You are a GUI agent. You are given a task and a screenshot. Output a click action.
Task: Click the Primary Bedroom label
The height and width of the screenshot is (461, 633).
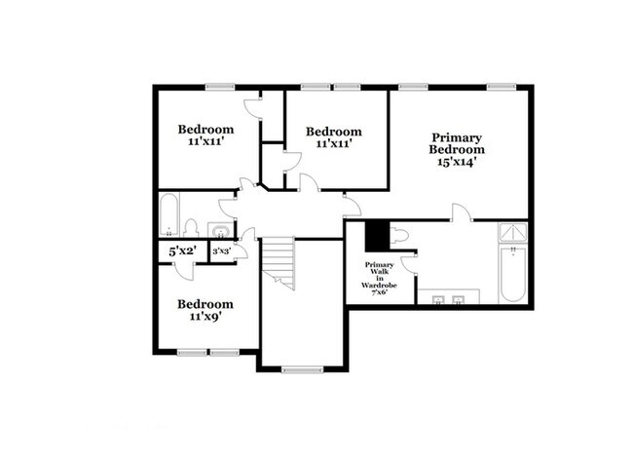tap(457, 143)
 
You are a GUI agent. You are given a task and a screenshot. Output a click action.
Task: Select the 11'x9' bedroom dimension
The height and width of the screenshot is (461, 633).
tap(205, 317)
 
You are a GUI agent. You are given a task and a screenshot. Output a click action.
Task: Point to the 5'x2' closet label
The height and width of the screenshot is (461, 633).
tap(182, 251)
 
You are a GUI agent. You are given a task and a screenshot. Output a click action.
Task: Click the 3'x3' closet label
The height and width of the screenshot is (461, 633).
tap(222, 251)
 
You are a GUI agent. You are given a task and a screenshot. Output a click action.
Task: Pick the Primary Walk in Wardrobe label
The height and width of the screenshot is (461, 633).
tap(379, 275)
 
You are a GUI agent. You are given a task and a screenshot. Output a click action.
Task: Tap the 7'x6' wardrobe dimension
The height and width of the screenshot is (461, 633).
tap(379, 292)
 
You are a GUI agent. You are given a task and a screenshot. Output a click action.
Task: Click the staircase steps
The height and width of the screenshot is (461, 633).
tap(278, 262)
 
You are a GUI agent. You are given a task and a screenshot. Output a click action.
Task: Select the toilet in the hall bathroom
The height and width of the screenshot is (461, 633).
tap(191, 228)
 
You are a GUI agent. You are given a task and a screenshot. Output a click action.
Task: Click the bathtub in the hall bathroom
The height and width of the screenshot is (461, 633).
tap(168, 215)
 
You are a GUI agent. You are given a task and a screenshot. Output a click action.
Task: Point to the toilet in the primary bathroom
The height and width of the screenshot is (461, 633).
tap(399, 235)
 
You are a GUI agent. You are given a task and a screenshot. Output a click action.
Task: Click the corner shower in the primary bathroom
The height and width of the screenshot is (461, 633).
tap(512, 232)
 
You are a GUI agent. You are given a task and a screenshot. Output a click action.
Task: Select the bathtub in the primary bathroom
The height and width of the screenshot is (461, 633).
tap(512, 274)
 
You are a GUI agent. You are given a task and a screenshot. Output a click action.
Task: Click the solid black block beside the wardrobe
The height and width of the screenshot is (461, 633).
tap(377, 237)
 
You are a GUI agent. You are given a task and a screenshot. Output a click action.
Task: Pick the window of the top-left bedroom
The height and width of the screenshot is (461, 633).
tap(220, 87)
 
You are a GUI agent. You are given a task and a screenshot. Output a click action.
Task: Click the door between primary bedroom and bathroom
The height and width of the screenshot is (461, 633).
tap(461, 212)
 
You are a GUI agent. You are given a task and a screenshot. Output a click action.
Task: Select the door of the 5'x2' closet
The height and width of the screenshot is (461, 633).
tap(184, 271)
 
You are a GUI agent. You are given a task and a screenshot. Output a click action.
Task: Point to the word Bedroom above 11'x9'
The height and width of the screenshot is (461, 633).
tap(205, 304)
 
